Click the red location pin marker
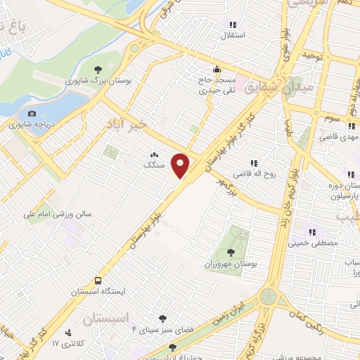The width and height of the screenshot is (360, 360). tap(181, 165)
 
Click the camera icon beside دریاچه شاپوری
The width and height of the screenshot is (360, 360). tap(32, 114)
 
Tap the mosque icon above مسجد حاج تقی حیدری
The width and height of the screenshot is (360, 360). tap(217, 70)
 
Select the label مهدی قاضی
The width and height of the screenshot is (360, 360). tap(330, 137)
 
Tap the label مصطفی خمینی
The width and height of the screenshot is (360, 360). tap(313, 243)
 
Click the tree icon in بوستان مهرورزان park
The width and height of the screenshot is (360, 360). tap(231, 251)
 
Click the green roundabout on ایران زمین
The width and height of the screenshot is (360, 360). tap(268, 297)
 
